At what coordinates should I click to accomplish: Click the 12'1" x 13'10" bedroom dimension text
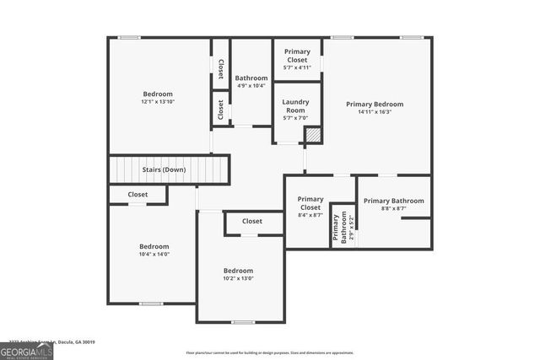click(158, 102)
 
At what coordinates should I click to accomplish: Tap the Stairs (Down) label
click(164, 169)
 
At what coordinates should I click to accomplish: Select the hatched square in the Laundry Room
click(312, 134)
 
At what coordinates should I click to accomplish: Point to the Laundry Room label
click(294, 105)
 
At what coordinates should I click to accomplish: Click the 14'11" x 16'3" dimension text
click(375, 113)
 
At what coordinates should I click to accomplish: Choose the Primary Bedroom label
click(375, 104)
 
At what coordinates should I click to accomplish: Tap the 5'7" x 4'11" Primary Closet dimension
click(297, 67)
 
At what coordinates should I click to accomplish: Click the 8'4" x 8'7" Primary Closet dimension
click(310, 216)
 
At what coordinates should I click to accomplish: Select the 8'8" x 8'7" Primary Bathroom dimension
click(393, 208)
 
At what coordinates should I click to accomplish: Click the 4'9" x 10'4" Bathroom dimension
click(251, 85)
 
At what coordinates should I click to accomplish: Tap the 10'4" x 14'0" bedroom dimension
click(154, 254)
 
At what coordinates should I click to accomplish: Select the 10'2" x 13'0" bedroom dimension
click(238, 278)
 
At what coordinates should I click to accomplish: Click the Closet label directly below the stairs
click(138, 194)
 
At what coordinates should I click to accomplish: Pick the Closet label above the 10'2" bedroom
click(252, 222)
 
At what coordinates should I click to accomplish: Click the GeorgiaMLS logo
click(26, 349)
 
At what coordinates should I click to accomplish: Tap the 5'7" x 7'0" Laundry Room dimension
click(294, 118)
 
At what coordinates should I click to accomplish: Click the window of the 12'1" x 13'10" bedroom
click(128, 37)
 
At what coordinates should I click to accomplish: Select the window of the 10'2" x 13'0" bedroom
click(243, 322)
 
